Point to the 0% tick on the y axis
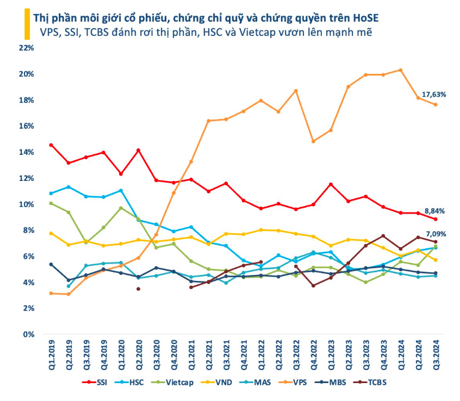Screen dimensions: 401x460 (x=29, y=335)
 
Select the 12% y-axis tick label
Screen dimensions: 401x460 (x=27, y=178)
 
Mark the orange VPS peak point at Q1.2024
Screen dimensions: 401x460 (x=400, y=70)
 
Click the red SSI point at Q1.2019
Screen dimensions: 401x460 (x=51, y=145)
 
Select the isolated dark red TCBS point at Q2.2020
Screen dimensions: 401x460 (x=138, y=289)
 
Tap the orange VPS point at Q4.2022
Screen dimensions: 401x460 (x=313, y=141)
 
